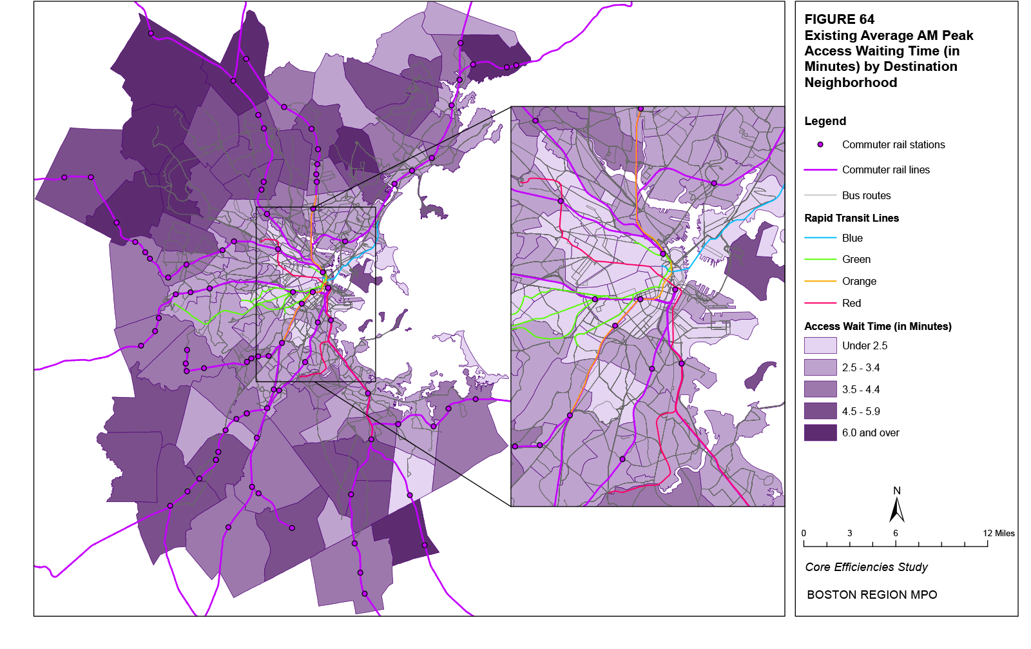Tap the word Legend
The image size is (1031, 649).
pyautogui.click(x=825, y=121)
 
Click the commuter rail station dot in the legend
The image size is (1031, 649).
pyautogui.click(x=820, y=145)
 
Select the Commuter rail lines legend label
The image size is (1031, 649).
pyautogui.click(x=885, y=170)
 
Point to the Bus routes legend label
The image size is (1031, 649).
pyautogui.click(x=866, y=195)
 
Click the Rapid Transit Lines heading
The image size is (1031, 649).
pyautogui.click(x=851, y=218)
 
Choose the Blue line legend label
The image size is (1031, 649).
pyautogui.click(x=852, y=238)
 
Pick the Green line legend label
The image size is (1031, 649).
pyautogui.click(x=856, y=260)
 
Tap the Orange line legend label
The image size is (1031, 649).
pyautogui.click(x=859, y=282)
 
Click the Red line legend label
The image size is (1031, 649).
pyautogui.click(x=851, y=304)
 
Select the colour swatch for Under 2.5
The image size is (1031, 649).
pyautogui.click(x=820, y=345)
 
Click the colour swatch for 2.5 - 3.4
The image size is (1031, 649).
pyautogui.click(x=820, y=367)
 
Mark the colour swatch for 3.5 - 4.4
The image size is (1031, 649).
pyautogui.click(x=820, y=389)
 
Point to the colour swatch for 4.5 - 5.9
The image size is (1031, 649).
pyautogui.click(x=820, y=411)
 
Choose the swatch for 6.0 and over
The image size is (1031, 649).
pyautogui.click(x=820, y=432)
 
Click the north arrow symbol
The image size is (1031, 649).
pyautogui.click(x=896, y=509)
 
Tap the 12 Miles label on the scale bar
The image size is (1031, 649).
pyautogui.click(x=998, y=533)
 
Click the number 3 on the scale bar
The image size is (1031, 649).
pyautogui.click(x=849, y=533)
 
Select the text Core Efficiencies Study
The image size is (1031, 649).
pyautogui.click(x=866, y=567)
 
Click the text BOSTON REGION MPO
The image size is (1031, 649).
pyautogui.click(x=872, y=595)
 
